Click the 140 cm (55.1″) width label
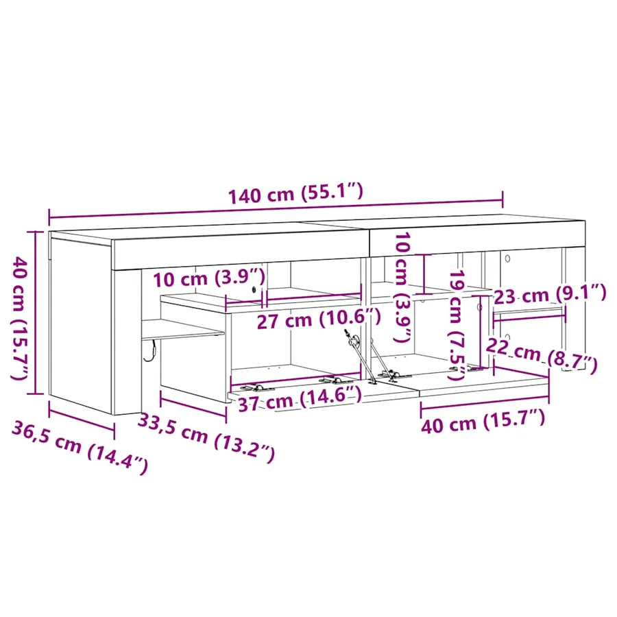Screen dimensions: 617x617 point(295,193)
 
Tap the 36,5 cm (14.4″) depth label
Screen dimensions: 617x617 point(80,447)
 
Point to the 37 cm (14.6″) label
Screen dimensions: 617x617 point(300,399)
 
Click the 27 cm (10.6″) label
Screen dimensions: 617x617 point(319,319)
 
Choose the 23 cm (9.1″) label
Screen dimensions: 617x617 point(550,294)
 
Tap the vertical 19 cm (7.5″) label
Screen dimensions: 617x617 point(458,325)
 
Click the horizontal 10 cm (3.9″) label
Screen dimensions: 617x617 point(209,278)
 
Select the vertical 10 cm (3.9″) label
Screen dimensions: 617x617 point(402,287)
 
